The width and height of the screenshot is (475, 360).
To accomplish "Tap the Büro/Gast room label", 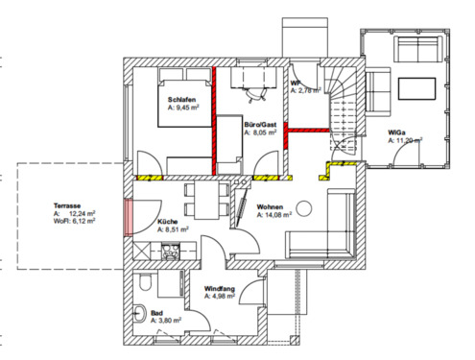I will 260,126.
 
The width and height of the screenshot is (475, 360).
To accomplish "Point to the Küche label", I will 168,222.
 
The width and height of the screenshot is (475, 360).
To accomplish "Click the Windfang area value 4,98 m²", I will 224,297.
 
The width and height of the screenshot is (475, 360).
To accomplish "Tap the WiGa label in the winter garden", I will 395,131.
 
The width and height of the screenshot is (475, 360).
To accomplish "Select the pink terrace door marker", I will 127,218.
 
